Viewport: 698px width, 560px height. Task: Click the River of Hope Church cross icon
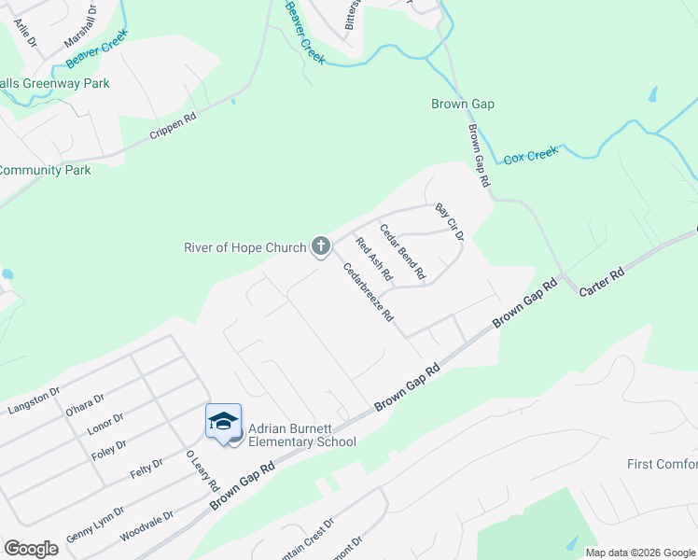pyautogui.click(x=320, y=246)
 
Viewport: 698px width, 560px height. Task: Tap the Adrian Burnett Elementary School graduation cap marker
pyautogui.click(x=223, y=421)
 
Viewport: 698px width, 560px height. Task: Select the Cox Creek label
pyautogui.click(x=530, y=155)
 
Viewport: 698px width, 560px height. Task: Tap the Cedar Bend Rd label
pyautogui.click(x=402, y=251)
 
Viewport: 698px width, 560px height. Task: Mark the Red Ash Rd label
pyautogui.click(x=373, y=259)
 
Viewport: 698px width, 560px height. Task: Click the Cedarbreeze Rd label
pyautogui.click(x=368, y=292)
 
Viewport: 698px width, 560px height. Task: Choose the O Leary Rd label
pyautogui.click(x=202, y=471)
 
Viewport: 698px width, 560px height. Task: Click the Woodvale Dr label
pyautogui.click(x=147, y=523)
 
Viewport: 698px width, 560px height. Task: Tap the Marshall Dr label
pyautogui.click(x=81, y=30)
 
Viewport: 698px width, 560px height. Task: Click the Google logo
pyautogui.click(x=31, y=549)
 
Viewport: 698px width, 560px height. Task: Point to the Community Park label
pyautogui.click(x=45, y=171)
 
